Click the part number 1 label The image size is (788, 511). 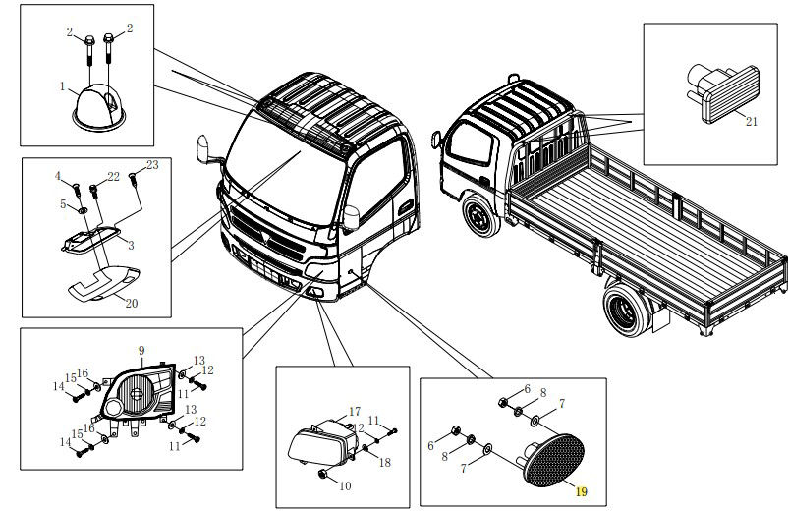click(x=62, y=86)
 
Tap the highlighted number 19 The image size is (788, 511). click(x=581, y=491)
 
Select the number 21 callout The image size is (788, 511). click(x=752, y=122)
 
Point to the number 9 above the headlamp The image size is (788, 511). click(x=141, y=350)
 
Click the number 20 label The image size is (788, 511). click(x=132, y=303)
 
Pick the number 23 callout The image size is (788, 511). click(x=152, y=164)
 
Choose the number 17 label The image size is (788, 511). click(x=355, y=411)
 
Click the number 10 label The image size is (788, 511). click(x=344, y=485)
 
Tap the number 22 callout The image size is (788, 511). click(x=114, y=176)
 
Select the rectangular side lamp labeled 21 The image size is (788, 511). click(x=722, y=92)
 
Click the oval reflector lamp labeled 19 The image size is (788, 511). click(x=551, y=463)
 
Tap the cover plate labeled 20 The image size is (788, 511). click(x=103, y=282)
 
